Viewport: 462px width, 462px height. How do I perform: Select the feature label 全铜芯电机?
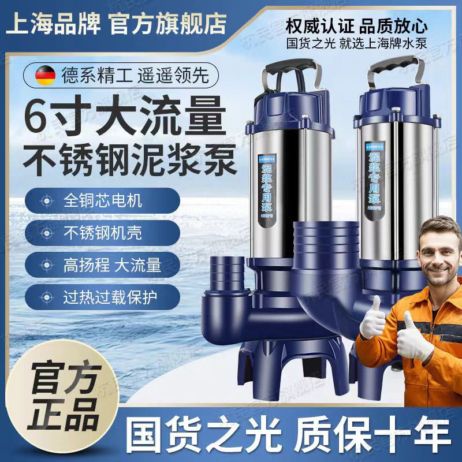[102, 202]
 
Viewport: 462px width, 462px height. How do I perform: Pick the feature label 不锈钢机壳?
[102, 233]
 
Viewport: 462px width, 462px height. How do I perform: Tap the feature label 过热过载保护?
[110, 297]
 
